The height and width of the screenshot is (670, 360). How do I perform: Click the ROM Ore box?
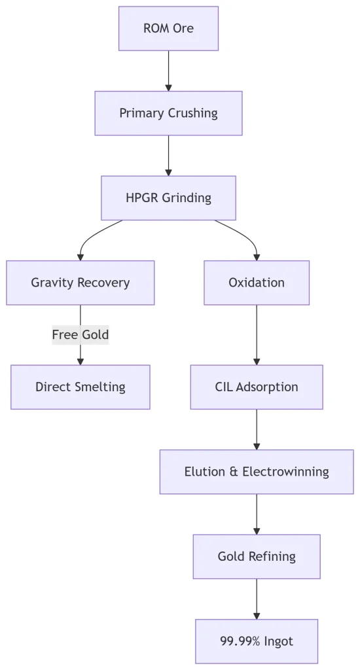(x=168, y=29)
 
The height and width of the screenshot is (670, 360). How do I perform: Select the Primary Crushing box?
(x=168, y=113)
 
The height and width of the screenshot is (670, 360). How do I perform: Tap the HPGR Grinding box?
(x=168, y=198)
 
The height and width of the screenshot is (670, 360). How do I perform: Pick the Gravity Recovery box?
(x=81, y=283)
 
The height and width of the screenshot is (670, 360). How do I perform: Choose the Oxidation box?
(x=257, y=283)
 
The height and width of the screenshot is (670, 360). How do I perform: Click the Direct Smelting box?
(x=81, y=387)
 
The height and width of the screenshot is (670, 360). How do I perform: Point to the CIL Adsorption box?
(x=257, y=387)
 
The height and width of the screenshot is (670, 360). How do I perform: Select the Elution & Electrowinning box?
(x=257, y=472)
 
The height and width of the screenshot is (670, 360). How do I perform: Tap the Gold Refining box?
(x=257, y=556)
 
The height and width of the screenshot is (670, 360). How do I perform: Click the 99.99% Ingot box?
(x=257, y=641)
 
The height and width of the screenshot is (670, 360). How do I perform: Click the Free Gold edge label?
(x=81, y=334)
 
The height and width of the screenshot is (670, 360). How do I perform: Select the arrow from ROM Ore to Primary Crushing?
(x=168, y=71)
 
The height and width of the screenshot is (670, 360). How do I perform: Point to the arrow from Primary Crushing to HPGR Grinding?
(x=168, y=156)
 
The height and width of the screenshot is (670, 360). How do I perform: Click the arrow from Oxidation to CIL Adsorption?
(x=257, y=335)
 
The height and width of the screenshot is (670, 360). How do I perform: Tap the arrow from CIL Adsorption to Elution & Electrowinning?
(x=257, y=429)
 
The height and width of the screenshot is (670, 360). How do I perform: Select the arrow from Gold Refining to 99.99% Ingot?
(x=257, y=599)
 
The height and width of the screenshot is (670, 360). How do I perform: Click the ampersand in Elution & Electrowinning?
(x=234, y=472)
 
